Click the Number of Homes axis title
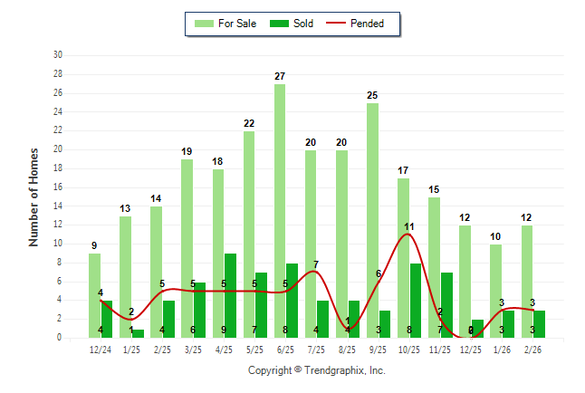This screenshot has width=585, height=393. pos(34,196)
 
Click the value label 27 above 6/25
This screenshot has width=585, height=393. pos(280,76)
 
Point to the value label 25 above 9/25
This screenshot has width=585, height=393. pos(372,95)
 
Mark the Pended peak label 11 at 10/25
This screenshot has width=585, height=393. pos(408,226)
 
